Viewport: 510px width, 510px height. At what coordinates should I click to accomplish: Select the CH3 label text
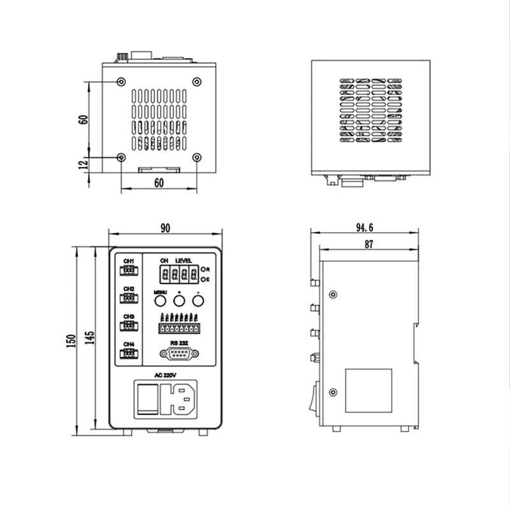(129, 316)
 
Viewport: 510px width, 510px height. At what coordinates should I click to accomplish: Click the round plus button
(180, 302)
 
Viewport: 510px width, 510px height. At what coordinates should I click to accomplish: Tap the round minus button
(198, 302)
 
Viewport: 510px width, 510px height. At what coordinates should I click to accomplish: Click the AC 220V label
(164, 375)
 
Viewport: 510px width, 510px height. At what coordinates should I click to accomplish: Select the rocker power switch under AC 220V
(148, 398)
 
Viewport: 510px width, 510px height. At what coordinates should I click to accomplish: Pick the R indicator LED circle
(203, 270)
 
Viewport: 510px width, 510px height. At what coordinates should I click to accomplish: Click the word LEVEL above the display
(184, 261)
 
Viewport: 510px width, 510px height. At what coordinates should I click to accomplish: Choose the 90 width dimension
(165, 228)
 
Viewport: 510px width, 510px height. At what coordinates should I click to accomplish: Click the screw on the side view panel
(333, 295)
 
